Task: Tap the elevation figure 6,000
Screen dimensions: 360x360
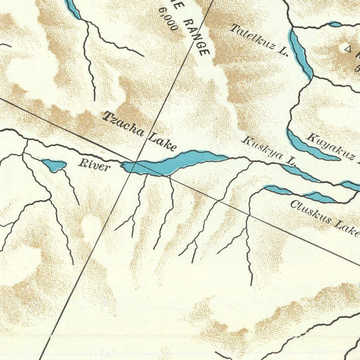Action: click(168, 19)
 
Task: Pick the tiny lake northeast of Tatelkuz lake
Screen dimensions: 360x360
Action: click(335, 24)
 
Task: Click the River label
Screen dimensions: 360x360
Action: click(94, 164)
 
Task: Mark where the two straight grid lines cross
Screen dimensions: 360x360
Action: click(137, 162)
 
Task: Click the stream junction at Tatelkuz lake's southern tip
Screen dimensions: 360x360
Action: click(312, 77)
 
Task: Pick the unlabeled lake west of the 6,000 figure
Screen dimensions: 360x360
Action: click(73, 9)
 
